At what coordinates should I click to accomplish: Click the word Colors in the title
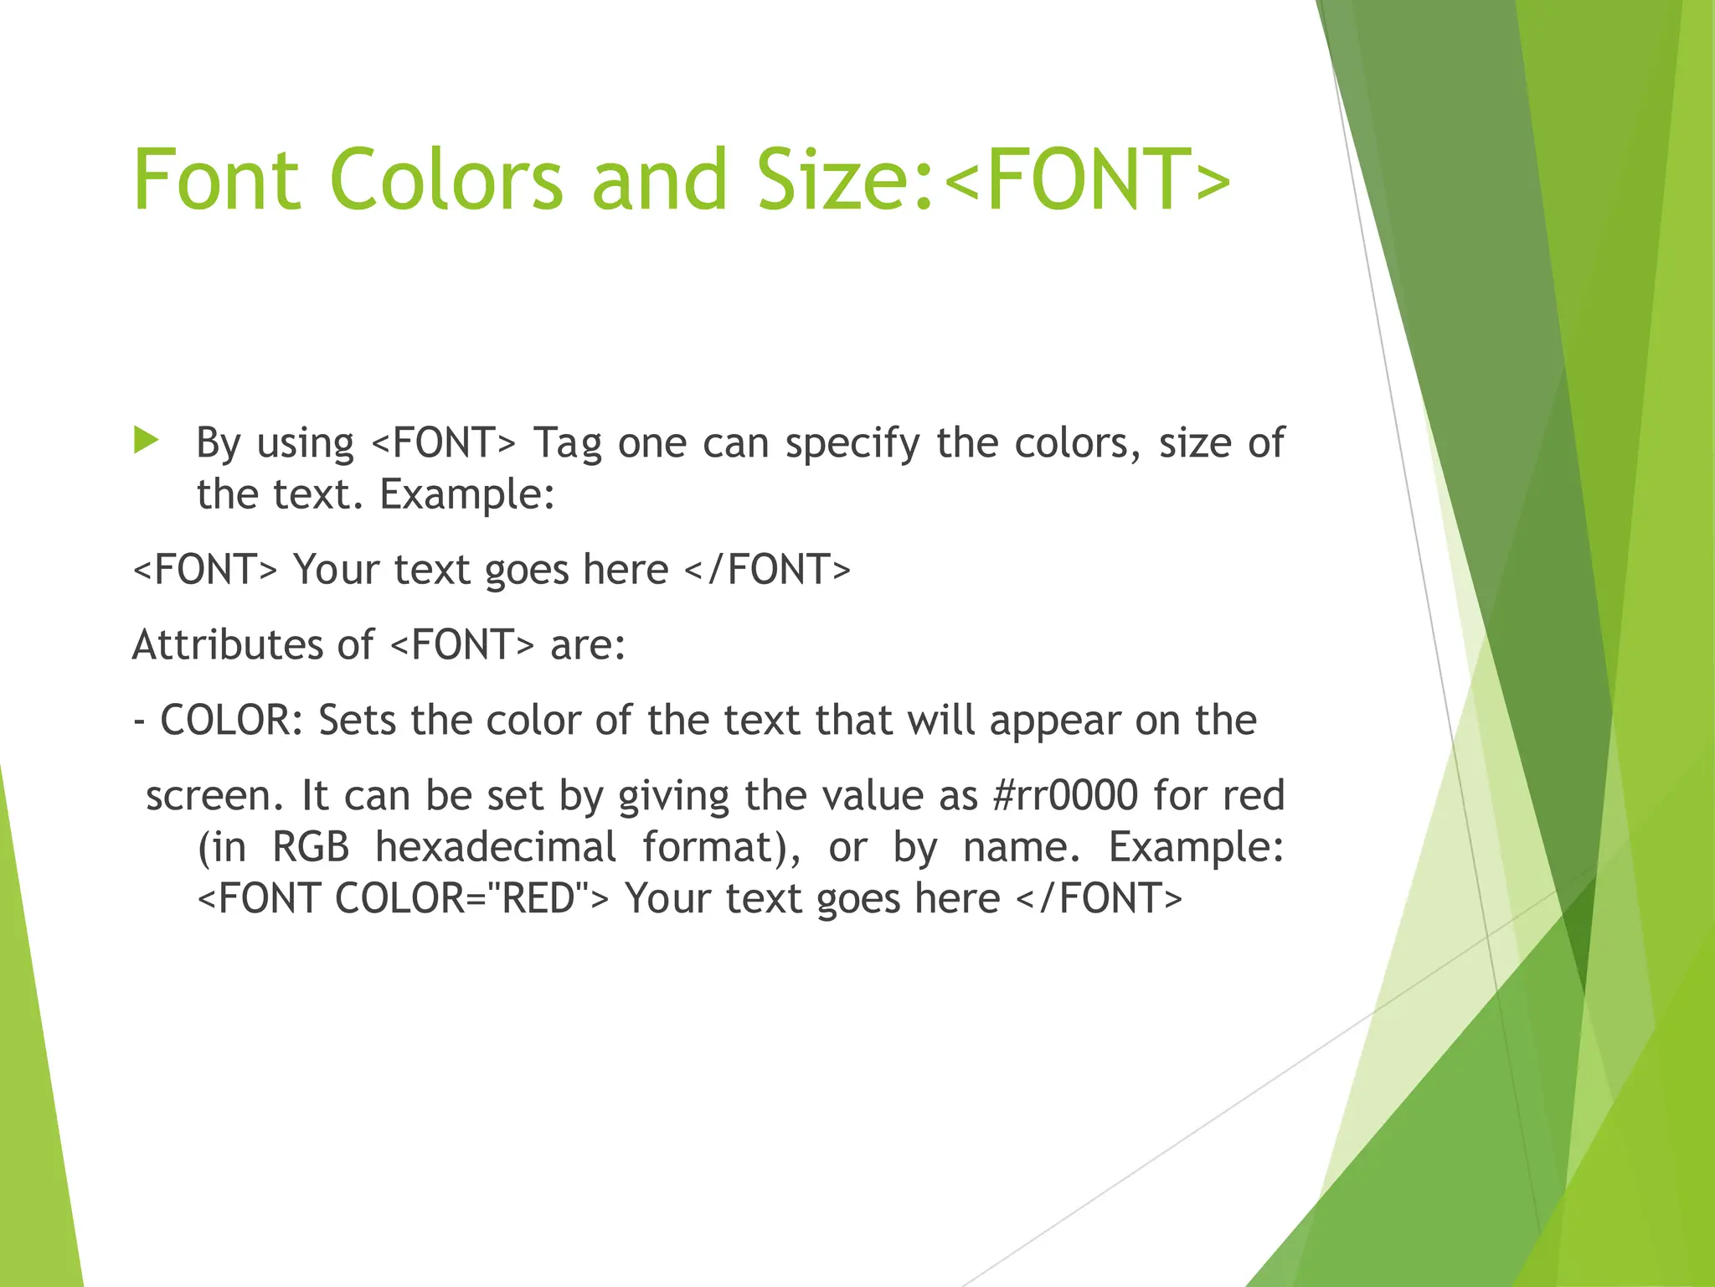click(446, 179)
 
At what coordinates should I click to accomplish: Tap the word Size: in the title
click(845, 179)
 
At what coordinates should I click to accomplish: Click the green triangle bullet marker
click(146, 440)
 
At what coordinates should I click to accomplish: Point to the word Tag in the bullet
click(568, 443)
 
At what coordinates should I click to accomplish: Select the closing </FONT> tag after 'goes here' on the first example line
click(767, 570)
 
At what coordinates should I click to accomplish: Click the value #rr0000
click(1064, 795)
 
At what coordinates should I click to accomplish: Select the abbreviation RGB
click(311, 847)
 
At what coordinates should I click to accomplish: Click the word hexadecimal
click(496, 847)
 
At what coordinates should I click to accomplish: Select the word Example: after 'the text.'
click(467, 494)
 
